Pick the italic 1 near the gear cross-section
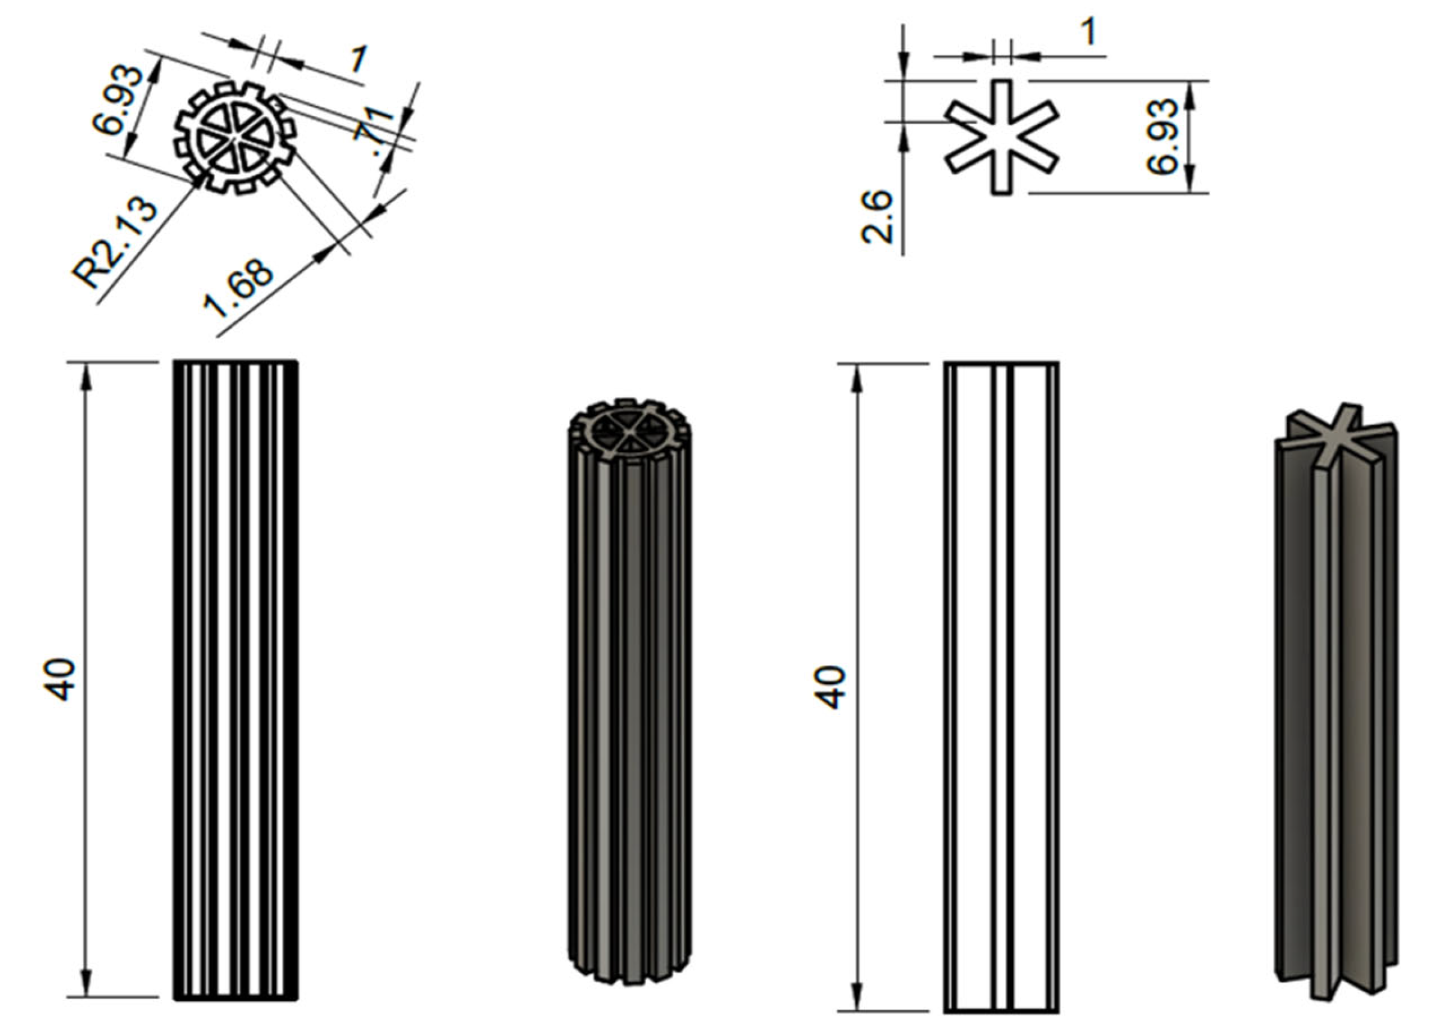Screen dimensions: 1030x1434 click(358, 60)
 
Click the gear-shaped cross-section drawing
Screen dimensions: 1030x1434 click(235, 137)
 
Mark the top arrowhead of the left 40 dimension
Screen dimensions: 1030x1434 click(87, 376)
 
